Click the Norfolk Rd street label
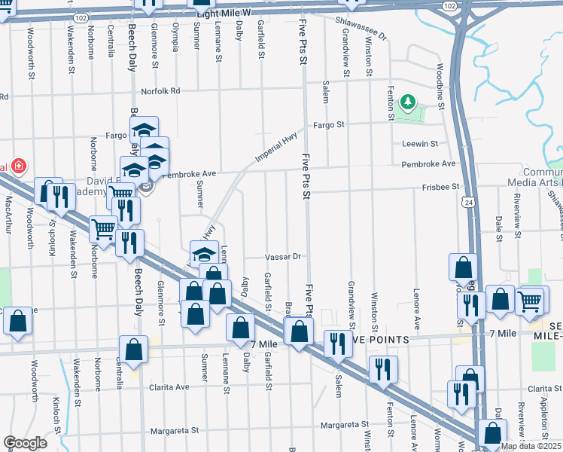pyautogui.click(x=165, y=90)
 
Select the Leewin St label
pyautogui.click(x=420, y=143)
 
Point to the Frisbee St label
pyautogui.click(x=440, y=186)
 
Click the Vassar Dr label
pyautogui.click(x=282, y=256)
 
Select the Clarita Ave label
pyautogui.click(x=171, y=386)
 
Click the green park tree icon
pyautogui.click(x=408, y=101)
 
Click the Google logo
pyautogui.click(x=25, y=443)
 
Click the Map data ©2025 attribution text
pyautogui.click(x=531, y=446)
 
